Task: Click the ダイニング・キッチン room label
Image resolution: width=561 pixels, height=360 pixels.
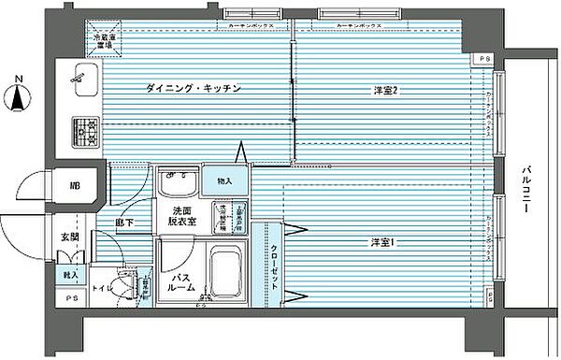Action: pos(194,89)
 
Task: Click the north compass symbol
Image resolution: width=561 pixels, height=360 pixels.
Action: pos(18,94)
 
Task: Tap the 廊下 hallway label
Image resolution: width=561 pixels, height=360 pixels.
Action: pos(123,223)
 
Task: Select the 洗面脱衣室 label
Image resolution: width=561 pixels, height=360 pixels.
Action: pos(182,217)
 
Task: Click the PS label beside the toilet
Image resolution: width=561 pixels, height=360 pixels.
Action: pos(73,299)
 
